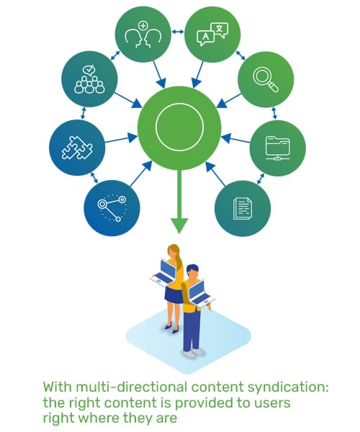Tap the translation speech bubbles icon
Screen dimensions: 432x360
(x=212, y=34)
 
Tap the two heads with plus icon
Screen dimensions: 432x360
(x=143, y=34)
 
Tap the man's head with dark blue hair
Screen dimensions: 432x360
(x=192, y=271)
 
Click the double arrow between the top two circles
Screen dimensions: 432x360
(x=178, y=33)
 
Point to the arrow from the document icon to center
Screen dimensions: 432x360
(x=214, y=174)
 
